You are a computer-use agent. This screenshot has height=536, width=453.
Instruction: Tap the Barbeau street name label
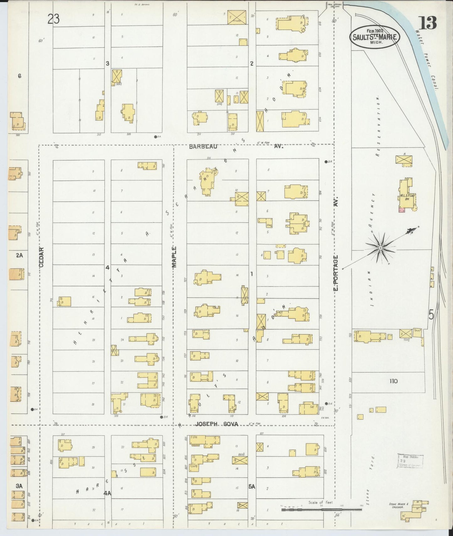(x=203, y=146)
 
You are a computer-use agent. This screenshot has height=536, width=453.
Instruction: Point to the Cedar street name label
(x=41, y=257)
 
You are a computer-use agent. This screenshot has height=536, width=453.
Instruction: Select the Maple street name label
(x=174, y=257)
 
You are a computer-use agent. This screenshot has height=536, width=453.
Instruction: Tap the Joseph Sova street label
(x=217, y=424)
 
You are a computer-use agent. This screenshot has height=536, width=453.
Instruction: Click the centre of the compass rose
(x=380, y=248)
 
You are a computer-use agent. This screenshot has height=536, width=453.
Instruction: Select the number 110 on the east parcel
(x=394, y=381)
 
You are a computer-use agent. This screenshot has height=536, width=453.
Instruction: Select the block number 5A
(x=252, y=487)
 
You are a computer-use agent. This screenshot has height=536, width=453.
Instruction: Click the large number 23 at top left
(x=54, y=19)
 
